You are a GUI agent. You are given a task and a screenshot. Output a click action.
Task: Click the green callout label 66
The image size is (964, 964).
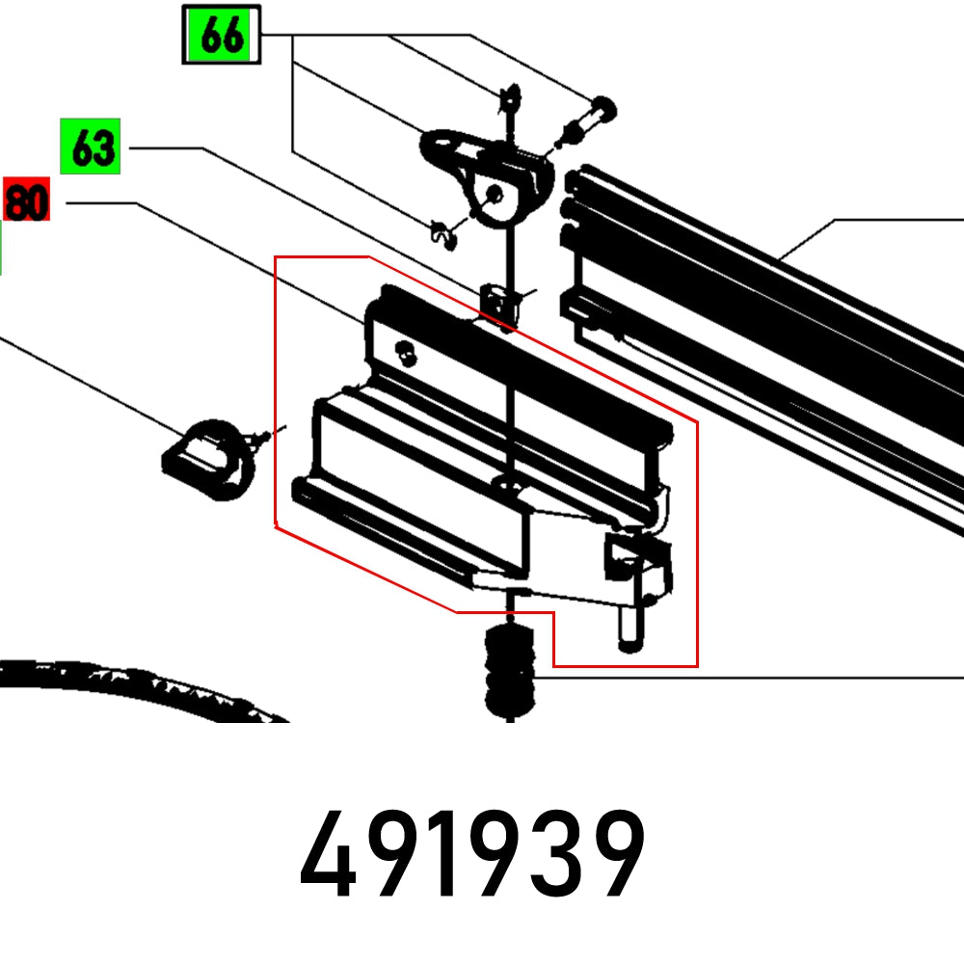click(221, 36)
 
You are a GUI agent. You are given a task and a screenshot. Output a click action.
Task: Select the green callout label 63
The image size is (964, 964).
click(90, 147)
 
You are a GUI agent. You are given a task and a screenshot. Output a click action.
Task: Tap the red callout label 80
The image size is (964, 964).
click(26, 201)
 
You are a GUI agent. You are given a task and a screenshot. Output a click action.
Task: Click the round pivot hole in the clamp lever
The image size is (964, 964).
click(494, 196)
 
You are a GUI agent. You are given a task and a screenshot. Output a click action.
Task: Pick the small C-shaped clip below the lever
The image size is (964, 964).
click(442, 232)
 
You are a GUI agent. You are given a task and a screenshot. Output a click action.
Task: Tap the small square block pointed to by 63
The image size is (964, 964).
click(496, 301)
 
